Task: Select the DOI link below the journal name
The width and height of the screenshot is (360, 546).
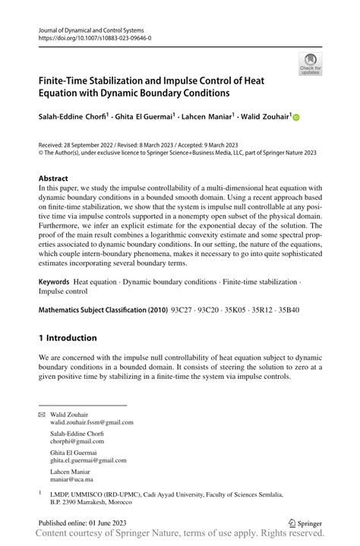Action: click(94, 36)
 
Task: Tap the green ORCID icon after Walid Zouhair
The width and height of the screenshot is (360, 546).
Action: click(295, 117)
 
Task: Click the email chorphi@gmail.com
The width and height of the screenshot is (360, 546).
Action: click(77, 441)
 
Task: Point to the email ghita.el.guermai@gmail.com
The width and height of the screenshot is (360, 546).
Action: click(88, 459)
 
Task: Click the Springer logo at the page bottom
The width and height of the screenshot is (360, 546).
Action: click(307, 523)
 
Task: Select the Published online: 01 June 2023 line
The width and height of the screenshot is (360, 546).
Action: click(84, 523)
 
